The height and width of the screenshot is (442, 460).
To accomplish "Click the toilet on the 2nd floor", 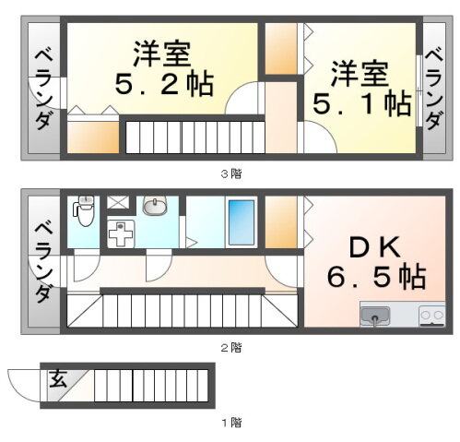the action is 84,210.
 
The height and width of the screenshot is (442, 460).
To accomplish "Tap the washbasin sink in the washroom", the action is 155,205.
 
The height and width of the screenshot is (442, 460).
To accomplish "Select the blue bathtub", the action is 242,222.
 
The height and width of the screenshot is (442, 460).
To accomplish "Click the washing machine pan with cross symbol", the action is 121,233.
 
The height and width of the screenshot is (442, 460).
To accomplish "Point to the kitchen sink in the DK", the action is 375,316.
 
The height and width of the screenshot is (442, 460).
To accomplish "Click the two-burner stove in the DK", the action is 432,316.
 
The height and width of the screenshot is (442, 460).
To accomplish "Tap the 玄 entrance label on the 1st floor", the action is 58,378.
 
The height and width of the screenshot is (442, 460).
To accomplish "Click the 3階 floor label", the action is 231,174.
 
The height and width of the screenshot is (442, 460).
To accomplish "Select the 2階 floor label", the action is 231,348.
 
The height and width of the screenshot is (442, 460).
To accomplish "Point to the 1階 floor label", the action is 232,423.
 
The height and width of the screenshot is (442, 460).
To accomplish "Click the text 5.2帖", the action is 164,84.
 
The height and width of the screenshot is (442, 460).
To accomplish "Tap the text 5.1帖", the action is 362,103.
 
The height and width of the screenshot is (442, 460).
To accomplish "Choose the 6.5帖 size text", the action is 376,276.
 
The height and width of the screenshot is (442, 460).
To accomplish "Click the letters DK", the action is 375,246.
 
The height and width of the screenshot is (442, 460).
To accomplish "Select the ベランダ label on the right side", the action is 434,89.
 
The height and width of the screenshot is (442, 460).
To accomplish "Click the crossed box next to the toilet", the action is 118,202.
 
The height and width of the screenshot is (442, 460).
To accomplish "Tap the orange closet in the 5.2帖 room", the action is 93,137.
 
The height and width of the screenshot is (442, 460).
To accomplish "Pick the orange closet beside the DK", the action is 281,222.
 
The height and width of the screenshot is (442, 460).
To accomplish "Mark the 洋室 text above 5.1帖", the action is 360,74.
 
